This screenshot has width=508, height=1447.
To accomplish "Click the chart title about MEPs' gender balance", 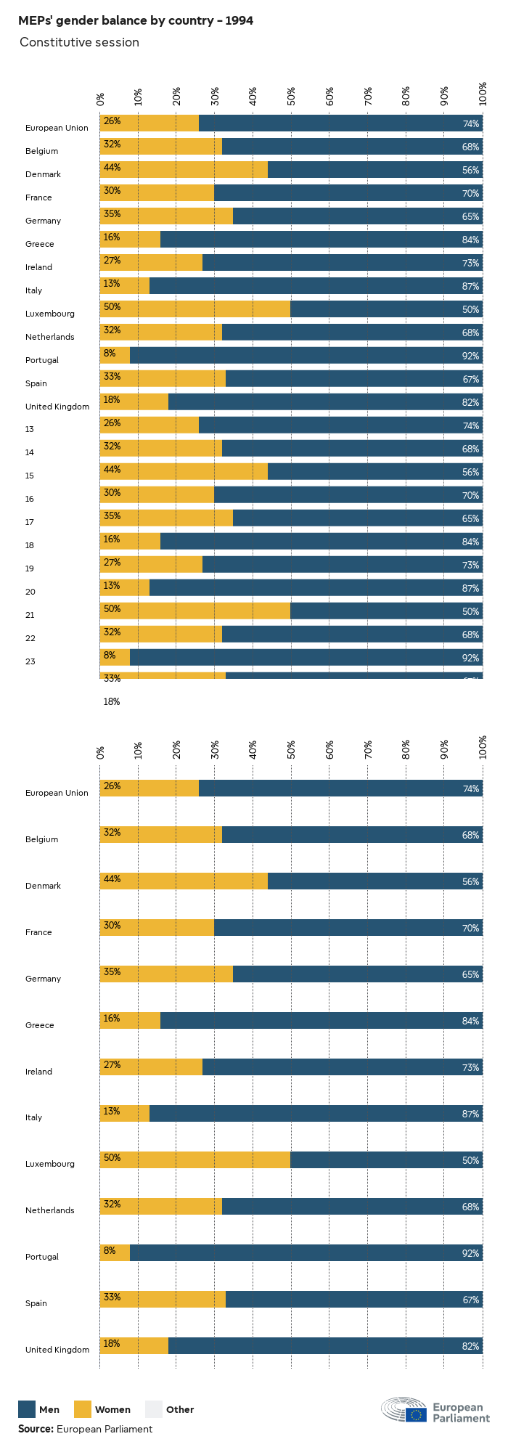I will (136, 20).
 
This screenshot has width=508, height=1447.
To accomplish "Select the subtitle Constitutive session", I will (79, 42).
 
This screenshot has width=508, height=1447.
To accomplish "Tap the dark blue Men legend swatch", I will (27, 1409).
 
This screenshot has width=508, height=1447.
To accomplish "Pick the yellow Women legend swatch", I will (83, 1409).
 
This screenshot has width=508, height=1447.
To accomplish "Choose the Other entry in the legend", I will (153, 1409).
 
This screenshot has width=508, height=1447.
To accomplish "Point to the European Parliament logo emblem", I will (404, 1409).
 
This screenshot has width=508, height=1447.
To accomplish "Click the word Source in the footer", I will (36, 1429).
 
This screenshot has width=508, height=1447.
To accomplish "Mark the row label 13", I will (30, 429).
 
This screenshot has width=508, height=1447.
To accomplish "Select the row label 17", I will (30, 522).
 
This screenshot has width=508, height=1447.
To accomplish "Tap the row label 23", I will (30, 661).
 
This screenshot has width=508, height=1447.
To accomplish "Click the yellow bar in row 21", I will (194, 611).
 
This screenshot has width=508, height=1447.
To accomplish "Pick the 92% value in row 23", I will (470, 658).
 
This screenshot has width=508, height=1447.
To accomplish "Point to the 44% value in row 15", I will (112, 470).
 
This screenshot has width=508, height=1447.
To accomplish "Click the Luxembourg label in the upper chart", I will (50, 314).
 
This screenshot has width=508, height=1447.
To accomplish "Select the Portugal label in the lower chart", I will (42, 1257).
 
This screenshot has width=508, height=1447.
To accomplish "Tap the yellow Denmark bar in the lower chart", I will (184, 881).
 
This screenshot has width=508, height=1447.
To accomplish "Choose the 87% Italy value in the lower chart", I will (470, 1114).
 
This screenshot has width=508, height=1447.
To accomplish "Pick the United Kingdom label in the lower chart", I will (57, 1350).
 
